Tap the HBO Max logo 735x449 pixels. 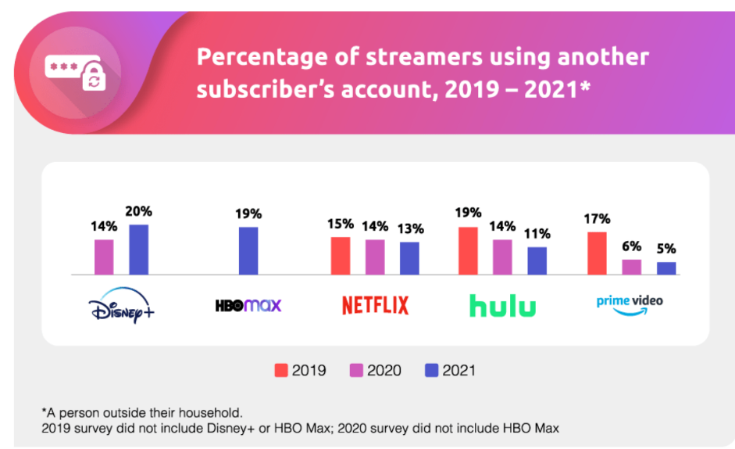(x=248, y=305)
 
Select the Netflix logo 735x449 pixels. (x=375, y=305)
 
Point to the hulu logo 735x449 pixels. (x=502, y=305)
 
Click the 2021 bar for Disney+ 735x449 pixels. (x=138, y=250)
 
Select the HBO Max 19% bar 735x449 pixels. (x=248, y=251)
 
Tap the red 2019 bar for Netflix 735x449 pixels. (x=341, y=256)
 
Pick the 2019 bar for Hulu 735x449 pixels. (x=468, y=251)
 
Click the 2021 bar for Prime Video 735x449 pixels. (x=666, y=268)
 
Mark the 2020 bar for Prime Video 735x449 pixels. (x=631, y=267)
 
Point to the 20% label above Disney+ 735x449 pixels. (x=139, y=211)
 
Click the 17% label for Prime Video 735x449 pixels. (x=597, y=219)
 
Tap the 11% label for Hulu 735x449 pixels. (x=537, y=234)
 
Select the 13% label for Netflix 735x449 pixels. (x=409, y=228)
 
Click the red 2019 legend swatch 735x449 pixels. (x=280, y=370)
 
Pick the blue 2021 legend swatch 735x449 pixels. (x=431, y=370)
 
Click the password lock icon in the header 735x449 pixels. (x=75, y=72)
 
